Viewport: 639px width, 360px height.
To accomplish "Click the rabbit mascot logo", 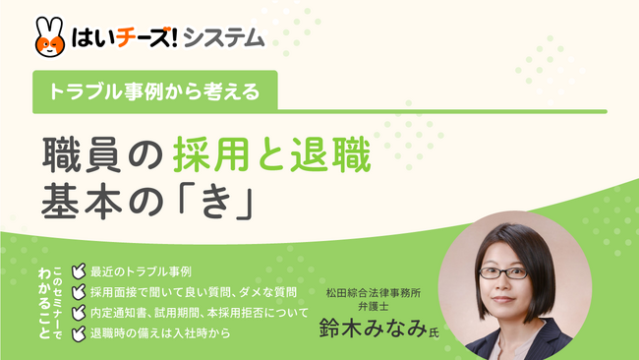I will (51, 36).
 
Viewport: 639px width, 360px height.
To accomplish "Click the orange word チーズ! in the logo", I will (138, 38).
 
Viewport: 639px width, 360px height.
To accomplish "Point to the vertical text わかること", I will (43, 297).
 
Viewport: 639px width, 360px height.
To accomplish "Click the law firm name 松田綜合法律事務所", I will (373, 291).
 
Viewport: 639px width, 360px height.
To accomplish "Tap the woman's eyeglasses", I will (502, 270).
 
